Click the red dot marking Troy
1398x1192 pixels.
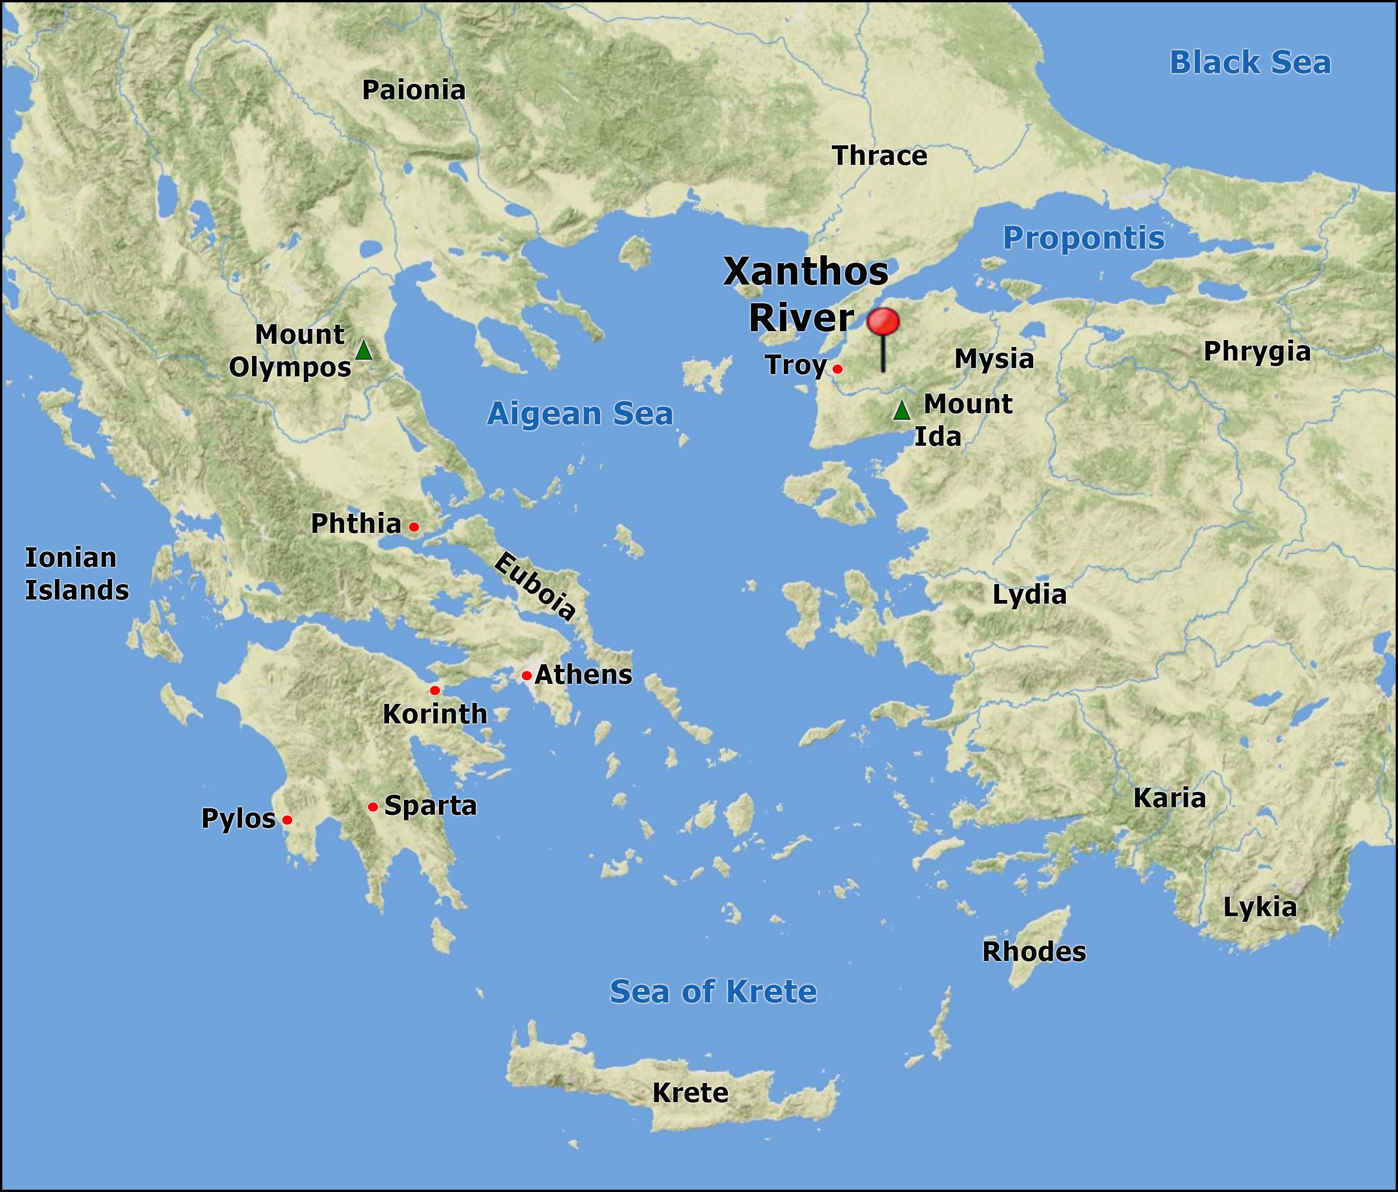click(837, 369)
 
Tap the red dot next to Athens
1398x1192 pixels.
click(526, 675)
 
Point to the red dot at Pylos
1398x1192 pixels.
click(287, 820)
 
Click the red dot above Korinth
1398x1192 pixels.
click(434, 690)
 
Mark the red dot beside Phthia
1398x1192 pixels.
click(414, 527)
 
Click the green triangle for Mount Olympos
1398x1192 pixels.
click(363, 351)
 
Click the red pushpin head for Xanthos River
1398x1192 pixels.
click(883, 322)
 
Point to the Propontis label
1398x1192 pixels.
click(1083, 238)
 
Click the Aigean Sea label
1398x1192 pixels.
click(580, 414)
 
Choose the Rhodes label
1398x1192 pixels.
click(1034, 952)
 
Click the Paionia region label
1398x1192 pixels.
click(414, 90)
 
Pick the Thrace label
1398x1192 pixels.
click(879, 156)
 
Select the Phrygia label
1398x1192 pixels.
click(1257, 352)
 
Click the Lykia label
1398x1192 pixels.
click(1260, 907)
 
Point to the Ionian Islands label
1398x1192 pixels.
click(76, 574)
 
